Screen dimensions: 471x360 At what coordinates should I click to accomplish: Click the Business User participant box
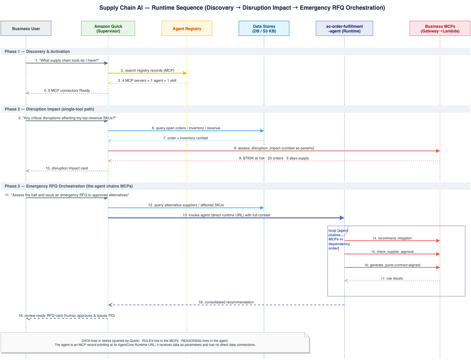[x=26, y=28]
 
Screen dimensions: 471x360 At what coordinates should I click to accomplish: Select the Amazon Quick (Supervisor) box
[x=108, y=28]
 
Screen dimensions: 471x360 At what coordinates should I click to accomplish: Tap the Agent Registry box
[x=187, y=28]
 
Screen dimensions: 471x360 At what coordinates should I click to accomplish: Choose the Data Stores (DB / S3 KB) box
[x=264, y=28]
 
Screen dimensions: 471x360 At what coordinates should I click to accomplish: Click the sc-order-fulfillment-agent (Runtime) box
[x=344, y=28]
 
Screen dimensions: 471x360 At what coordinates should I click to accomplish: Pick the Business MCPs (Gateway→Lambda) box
[x=440, y=28]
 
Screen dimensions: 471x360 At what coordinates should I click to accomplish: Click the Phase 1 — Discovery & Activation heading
[x=37, y=52]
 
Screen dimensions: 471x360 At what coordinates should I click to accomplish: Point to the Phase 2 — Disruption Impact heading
[x=49, y=109]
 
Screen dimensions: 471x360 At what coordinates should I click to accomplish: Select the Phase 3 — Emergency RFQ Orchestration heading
[x=69, y=186]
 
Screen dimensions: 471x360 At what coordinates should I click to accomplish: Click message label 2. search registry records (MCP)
[x=148, y=70]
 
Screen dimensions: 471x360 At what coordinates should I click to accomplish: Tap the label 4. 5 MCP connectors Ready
[x=67, y=90]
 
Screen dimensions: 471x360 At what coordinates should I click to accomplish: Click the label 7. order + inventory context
[x=186, y=138]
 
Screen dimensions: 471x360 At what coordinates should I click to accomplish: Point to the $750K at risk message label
[x=274, y=158]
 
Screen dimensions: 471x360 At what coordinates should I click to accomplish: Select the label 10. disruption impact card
[x=67, y=168]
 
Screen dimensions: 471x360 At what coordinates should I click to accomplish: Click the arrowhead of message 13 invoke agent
[x=342, y=218]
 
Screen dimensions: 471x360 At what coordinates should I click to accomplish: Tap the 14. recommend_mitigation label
[x=392, y=238]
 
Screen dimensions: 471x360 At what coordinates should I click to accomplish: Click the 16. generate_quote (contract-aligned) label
[x=393, y=265]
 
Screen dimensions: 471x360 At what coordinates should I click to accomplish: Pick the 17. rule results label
[x=392, y=279]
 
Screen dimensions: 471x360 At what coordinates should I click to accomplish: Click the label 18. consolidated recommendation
[x=226, y=302]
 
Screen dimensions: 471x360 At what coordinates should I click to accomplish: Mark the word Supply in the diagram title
[x=109, y=8]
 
